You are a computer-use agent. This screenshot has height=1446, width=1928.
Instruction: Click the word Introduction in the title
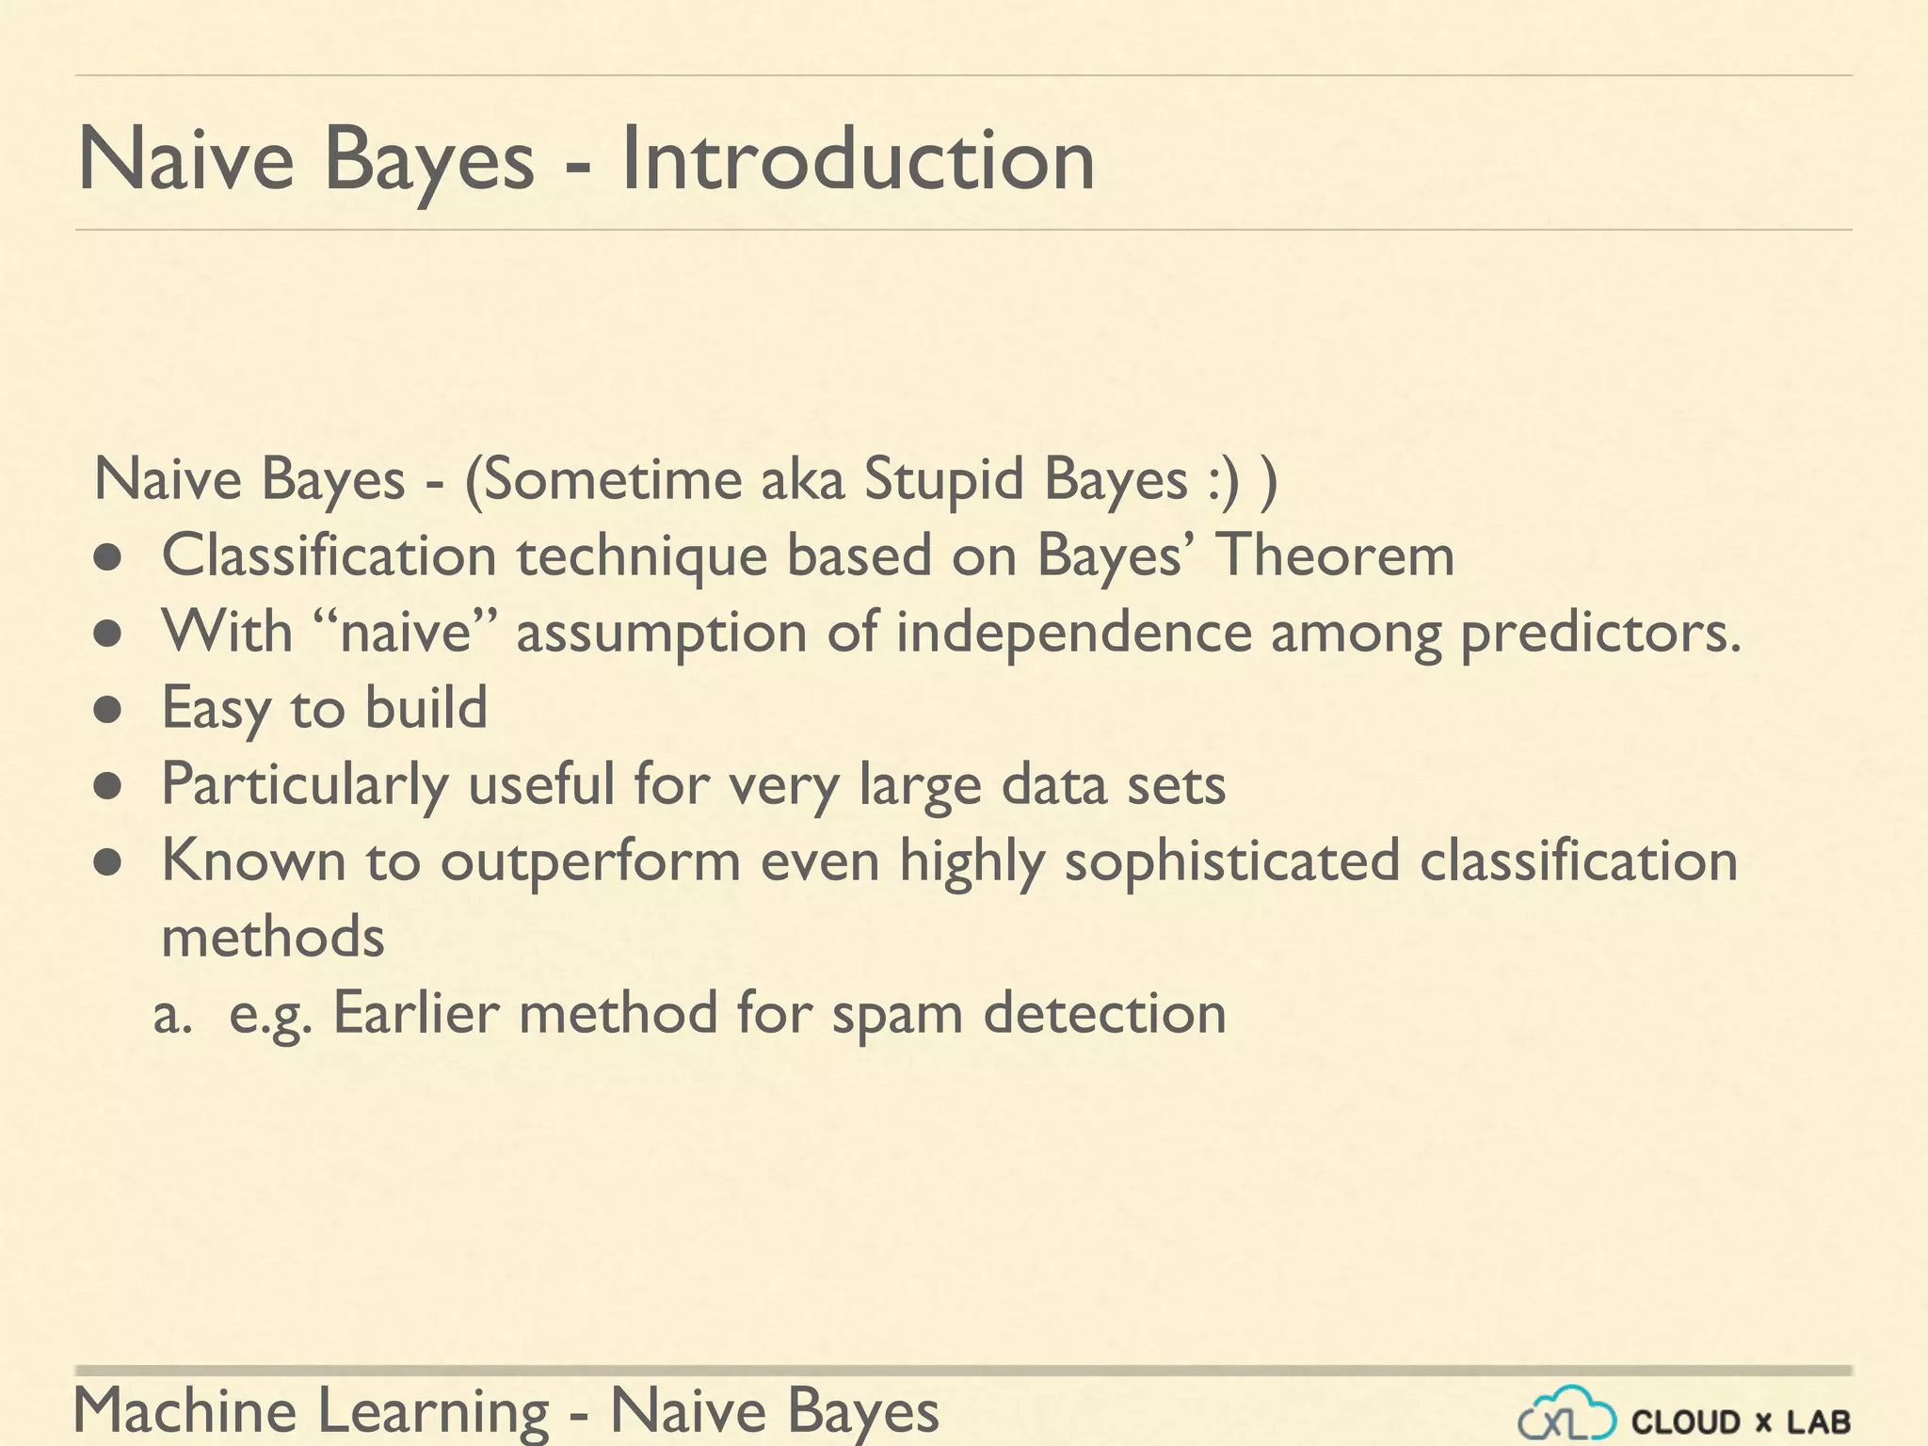pyautogui.click(x=858, y=160)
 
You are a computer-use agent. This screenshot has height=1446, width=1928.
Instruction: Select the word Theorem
pyautogui.click(x=1336, y=555)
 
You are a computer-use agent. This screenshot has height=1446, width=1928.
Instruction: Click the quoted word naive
pyautogui.click(x=405, y=632)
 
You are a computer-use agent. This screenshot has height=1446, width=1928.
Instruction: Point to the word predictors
pyautogui.click(x=1600, y=634)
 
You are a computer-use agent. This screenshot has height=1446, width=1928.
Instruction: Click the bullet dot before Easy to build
pyautogui.click(x=109, y=711)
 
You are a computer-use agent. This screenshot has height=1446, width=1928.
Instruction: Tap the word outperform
pyautogui.click(x=590, y=862)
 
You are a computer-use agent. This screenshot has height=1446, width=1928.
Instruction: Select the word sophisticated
pyautogui.click(x=1231, y=862)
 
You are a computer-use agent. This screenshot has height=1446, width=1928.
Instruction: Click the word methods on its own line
pyautogui.click(x=273, y=937)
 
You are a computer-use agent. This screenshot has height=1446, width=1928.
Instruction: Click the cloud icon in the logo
pyautogui.click(x=1566, y=1415)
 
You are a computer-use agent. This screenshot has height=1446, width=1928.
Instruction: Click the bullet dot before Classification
pyautogui.click(x=109, y=558)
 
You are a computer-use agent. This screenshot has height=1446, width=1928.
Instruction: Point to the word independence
pyautogui.click(x=1073, y=633)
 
